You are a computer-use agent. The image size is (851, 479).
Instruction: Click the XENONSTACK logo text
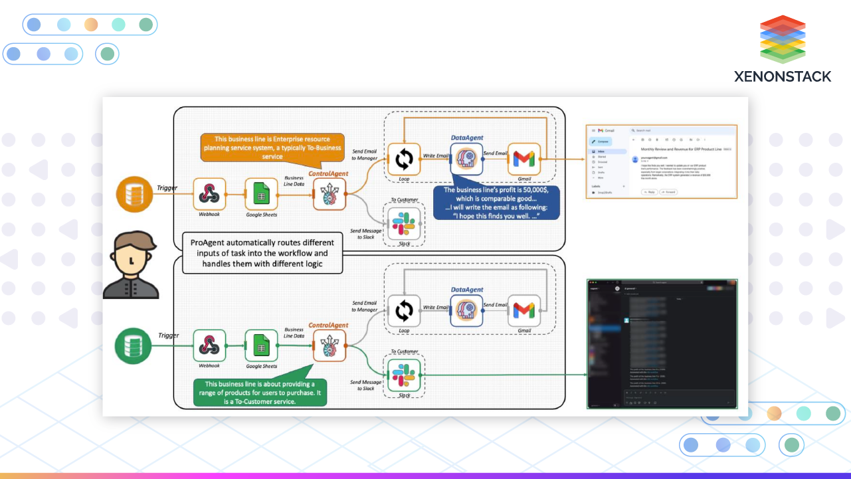tap(783, 76)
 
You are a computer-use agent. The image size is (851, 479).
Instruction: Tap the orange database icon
tap(135, 194)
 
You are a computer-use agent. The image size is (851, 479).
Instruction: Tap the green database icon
tap(134, 345)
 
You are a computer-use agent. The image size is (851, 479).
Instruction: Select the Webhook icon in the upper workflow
tap(210, 194)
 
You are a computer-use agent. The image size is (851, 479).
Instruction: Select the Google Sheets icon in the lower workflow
tap(261, 346)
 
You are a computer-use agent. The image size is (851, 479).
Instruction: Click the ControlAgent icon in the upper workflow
tap(330, 194)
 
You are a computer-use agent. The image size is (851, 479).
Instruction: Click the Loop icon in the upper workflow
tap(404, 159)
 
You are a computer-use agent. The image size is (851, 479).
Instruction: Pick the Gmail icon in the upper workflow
tap(524, 159)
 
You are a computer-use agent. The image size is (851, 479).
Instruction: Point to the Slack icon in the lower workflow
tap(404, 375)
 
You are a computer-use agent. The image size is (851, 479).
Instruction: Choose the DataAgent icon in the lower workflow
tap(466, 310)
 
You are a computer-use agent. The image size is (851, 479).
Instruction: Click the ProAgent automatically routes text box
tap(262, 253)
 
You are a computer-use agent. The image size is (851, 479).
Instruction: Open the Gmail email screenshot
tap(661, 161)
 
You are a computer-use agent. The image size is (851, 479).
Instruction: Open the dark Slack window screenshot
tap(662, 343)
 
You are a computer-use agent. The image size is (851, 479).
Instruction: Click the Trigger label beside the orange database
tap(167, 188)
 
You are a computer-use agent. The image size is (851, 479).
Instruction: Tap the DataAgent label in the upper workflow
tap(467, 138)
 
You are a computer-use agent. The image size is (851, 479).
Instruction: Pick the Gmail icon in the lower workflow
tap(524, 310)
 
